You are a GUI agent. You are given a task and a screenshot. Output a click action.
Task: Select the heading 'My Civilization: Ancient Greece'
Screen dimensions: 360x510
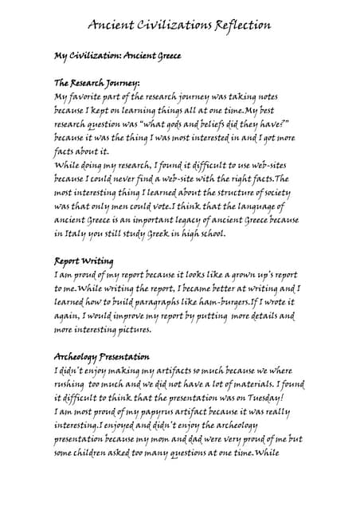(117, 56)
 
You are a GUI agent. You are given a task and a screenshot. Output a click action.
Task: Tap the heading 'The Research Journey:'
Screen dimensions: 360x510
(96, 83)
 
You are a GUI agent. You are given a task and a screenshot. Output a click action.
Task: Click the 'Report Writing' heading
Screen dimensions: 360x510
(84, 261)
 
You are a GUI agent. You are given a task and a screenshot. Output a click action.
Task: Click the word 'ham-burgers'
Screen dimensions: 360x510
(219, 302)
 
